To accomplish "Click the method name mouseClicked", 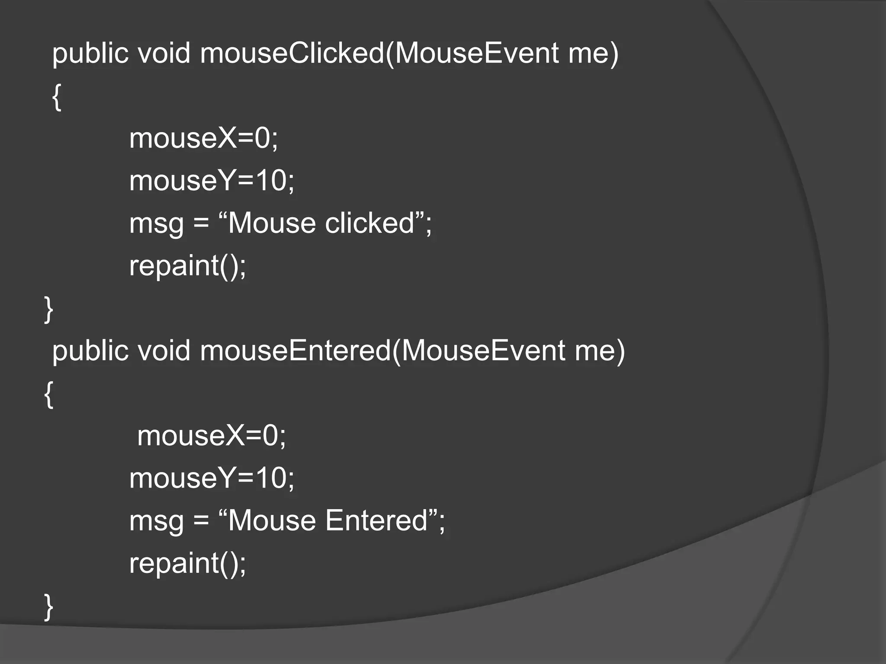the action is [x=292, y=54].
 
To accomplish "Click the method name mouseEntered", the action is [x=295, y=351].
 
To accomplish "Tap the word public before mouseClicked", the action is [x=90, y=54].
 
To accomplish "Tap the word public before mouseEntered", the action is [x=90, y=351].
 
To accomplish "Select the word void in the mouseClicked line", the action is [x=164, y=54].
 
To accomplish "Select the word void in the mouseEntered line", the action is [x=164, y=351].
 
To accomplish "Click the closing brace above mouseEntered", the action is [x=48, y=310].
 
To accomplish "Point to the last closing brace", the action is [x=48, y=607].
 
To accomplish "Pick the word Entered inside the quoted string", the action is [x=376, y=520].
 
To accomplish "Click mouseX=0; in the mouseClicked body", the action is [x=203, y=139].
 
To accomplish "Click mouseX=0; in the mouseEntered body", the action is [x=212, y=436].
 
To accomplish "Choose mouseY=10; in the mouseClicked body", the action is [x=212, y=181].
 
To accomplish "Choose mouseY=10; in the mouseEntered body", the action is [x=212, y=478].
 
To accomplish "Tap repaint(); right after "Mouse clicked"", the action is [x=187, y=266].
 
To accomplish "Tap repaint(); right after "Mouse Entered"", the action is [x=187, y=563].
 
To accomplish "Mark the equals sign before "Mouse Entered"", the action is [x=201, y=521].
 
